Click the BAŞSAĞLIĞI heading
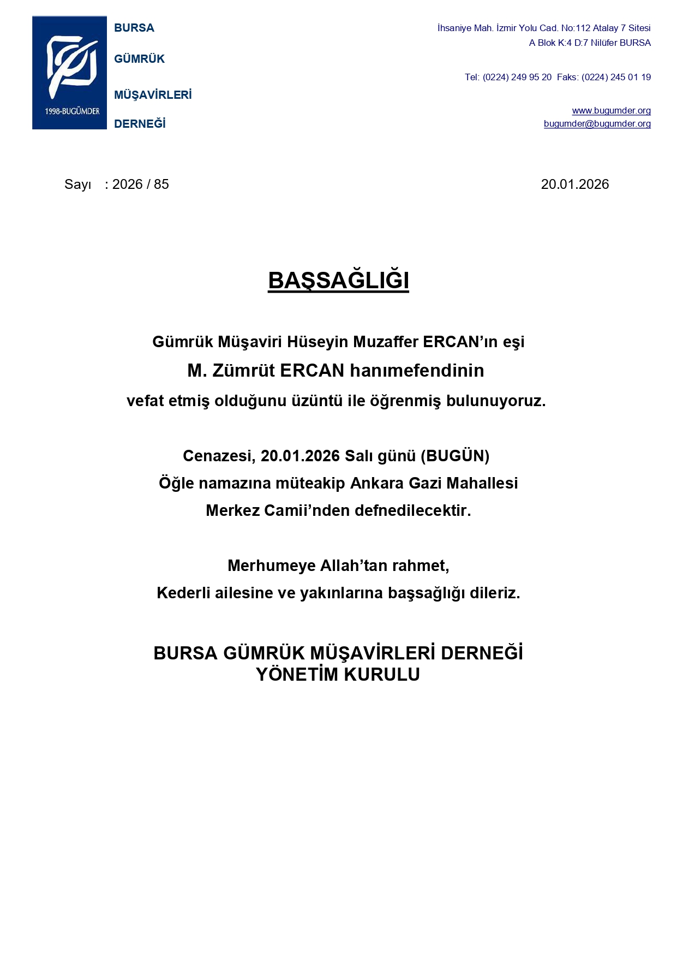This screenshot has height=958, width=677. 338,281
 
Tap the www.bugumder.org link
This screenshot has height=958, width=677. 611,110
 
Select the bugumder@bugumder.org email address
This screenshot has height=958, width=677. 597,123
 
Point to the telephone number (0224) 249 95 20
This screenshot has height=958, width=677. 517,77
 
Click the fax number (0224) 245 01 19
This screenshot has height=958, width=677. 616,77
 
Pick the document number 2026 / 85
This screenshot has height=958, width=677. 140,185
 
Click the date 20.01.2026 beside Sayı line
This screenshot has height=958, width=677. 574,185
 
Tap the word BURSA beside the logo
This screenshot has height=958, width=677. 134,28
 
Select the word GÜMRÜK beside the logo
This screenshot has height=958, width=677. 139,59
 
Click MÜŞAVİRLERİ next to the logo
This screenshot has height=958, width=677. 153,95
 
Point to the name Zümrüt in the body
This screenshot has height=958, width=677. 243,371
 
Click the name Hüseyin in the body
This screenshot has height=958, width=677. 317,342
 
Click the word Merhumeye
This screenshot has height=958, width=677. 271,566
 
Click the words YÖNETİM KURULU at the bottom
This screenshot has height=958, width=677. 338,675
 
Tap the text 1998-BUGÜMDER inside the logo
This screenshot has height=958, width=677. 72,111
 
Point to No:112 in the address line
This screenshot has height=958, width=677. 576,28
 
